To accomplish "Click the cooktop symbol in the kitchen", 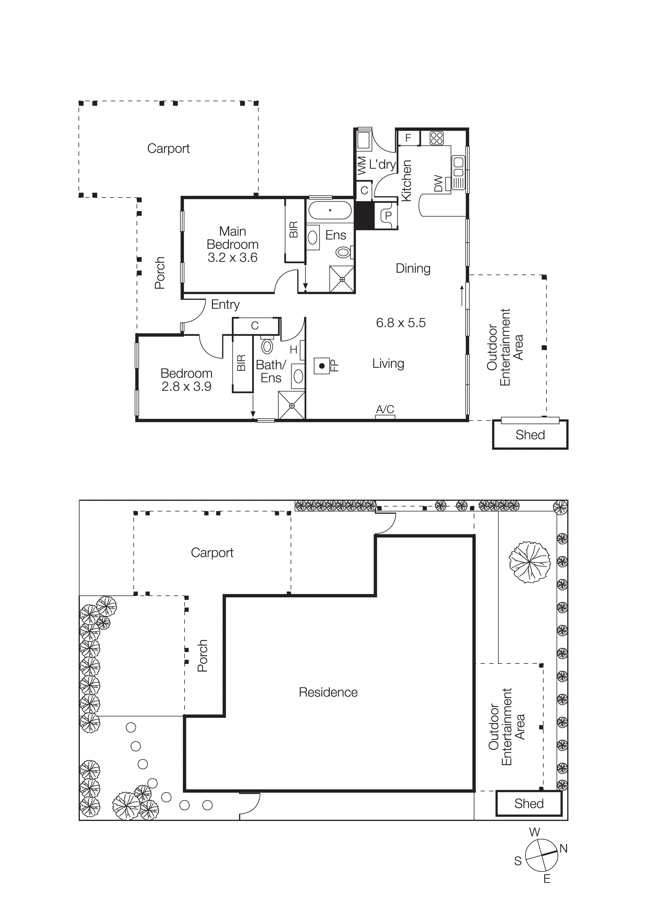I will [x=436, y=138].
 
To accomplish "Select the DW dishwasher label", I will [x=438, y=184].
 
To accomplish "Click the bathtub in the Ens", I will [x=330, y=210].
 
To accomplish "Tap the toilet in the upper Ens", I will [x=343, y=252].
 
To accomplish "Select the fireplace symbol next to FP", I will [x=322, y=366].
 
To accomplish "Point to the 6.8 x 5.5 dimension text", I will [x=401, y=322].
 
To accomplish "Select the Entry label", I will [x=225, y=304].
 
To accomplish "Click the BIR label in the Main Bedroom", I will [x=294, y=230].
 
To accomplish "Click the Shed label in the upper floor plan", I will [x=530, y=434].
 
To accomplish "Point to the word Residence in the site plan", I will [x=328, y=692].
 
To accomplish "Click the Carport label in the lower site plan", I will [x=212, y=553].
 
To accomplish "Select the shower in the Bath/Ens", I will [x=292, y=405].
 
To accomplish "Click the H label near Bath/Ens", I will [x=293, y=349].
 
